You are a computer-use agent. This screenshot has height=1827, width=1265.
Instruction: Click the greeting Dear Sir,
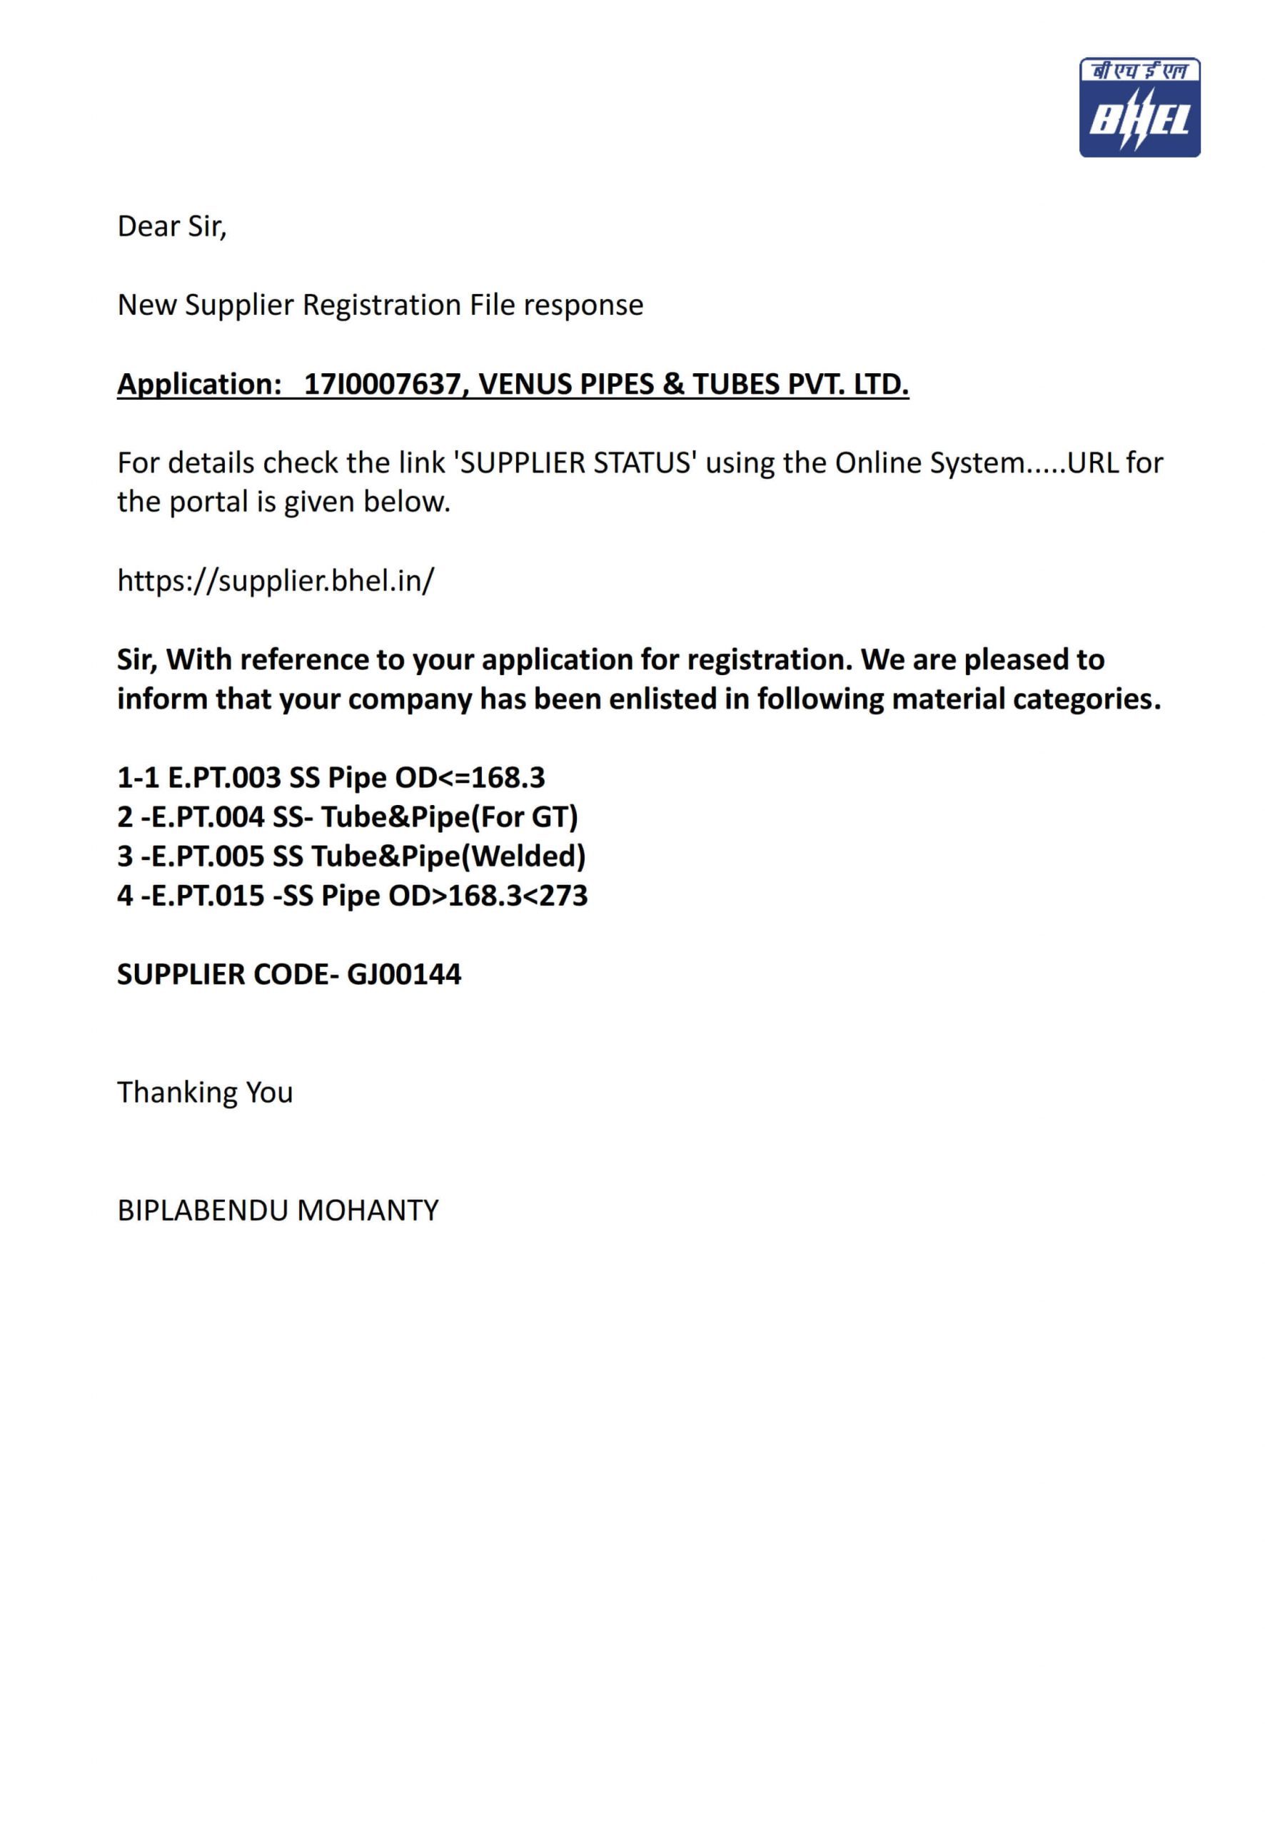172,227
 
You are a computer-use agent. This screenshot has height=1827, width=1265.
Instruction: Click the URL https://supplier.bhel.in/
276,581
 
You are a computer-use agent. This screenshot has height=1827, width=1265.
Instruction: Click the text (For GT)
524,817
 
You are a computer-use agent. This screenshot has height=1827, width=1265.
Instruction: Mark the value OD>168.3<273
488,896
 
